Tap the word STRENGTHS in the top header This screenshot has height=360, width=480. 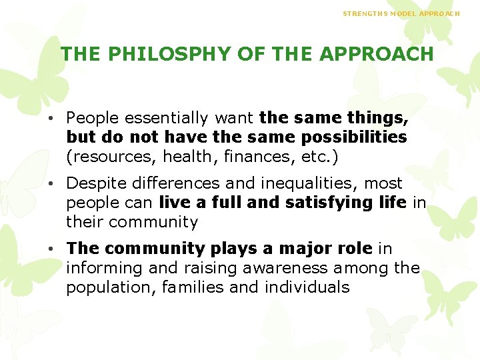coord(363,13)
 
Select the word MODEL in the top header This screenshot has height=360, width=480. coord(404,13)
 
